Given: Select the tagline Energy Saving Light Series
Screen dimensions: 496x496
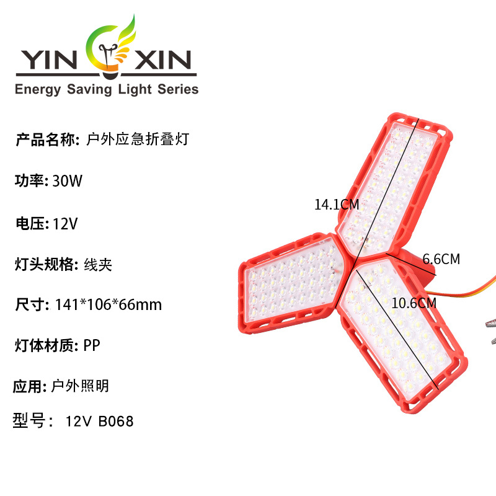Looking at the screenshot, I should (x=106, y=89).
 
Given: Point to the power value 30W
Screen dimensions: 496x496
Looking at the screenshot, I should (x=68, y=182).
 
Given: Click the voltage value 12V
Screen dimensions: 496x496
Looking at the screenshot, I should (x=65, y=223).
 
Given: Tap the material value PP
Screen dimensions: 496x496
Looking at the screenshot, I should (x=92, y=345).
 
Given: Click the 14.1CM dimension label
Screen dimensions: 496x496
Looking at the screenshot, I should (x=337, y=204).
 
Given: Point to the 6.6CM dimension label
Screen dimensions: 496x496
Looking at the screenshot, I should (x=441, y=259).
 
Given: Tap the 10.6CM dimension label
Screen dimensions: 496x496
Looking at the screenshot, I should (x=414, y=303).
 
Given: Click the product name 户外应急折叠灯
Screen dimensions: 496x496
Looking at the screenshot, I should (x=136, y=139).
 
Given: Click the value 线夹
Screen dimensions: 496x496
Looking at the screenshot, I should (x=98, y=265).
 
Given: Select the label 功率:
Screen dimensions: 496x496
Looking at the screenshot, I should (x=32, y=182).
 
